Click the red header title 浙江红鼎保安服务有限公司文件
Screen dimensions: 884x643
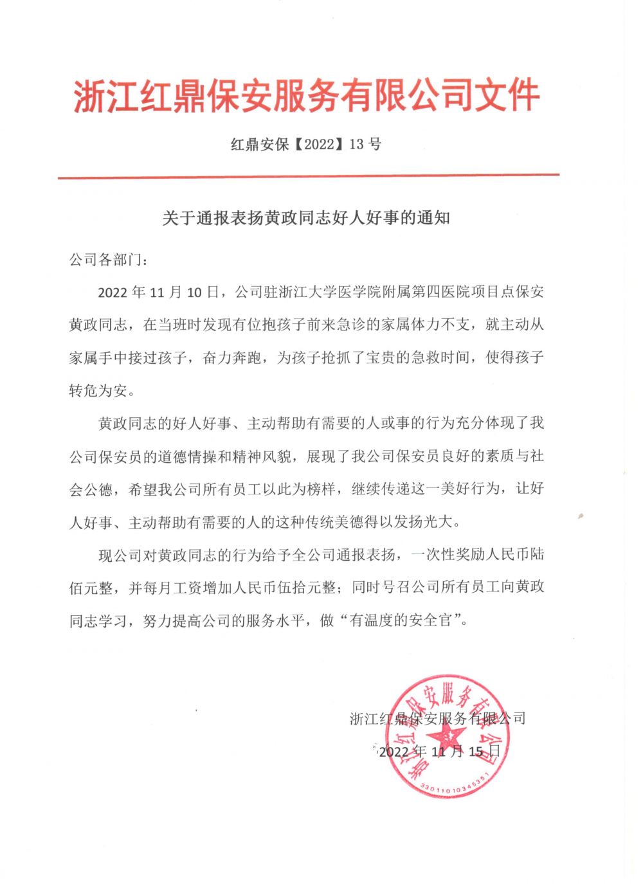(306, 96)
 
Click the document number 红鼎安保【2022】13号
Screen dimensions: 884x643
(306, 144)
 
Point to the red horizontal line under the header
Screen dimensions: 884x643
(309, 175)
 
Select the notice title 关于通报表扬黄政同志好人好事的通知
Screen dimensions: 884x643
(306, 218)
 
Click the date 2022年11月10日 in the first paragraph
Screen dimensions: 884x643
(158, 293)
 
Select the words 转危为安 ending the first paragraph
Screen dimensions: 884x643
(98, 390)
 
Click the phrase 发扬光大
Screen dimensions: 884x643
(425, 522)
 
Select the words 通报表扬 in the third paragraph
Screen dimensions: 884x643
(365, 555)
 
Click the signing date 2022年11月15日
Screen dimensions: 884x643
(439, 751)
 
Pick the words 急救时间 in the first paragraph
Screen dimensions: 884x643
(440, 357)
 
